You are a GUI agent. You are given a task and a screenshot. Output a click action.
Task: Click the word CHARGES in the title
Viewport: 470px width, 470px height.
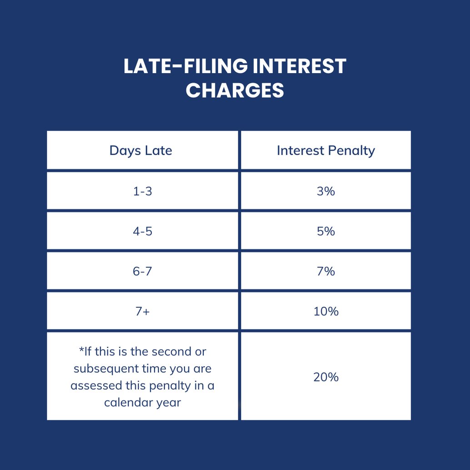tap(235, 90)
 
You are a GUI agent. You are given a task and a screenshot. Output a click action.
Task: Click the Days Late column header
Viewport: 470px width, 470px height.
tap(141, 150)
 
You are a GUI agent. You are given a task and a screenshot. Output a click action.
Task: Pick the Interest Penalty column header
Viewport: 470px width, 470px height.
tap(326, 150)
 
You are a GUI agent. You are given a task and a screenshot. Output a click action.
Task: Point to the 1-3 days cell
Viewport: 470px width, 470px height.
tap(143, 191)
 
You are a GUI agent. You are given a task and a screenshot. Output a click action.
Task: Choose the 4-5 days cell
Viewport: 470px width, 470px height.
tap(143, 231)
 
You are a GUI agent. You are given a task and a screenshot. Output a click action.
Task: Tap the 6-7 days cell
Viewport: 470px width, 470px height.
tap(143, 271)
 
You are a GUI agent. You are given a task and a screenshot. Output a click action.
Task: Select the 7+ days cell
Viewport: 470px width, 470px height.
tap(143, 311)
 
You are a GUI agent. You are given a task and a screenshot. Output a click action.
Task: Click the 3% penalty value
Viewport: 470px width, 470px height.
tap(326, 191)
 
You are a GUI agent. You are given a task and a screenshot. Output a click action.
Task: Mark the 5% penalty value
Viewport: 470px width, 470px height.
tap(326, 231)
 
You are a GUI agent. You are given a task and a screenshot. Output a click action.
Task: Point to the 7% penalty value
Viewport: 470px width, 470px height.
tap(326, 271)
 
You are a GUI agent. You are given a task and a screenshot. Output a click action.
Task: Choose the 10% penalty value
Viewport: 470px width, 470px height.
tap(326, 311)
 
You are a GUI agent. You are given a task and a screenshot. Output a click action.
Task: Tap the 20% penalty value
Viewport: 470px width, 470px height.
tap(326, 377)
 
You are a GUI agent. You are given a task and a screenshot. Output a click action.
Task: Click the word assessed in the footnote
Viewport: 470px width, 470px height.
tap(93, 385)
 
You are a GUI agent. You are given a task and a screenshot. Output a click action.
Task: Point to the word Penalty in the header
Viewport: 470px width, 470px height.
tap(353, 150)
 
